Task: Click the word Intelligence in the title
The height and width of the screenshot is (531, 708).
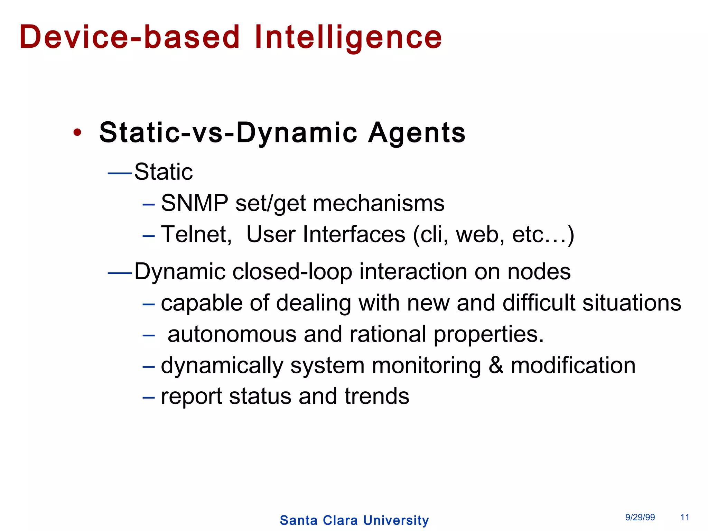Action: pos(348,37)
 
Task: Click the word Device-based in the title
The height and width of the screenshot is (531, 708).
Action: pos(130,37)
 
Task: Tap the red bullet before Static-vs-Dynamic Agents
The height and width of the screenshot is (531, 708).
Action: pos(77,132)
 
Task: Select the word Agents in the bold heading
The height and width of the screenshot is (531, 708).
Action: pos(417,132)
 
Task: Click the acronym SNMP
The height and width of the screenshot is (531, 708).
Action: pos(194,203)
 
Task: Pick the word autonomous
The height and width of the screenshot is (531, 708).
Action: pos(232,334)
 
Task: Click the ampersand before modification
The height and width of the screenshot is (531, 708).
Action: pos(496,365)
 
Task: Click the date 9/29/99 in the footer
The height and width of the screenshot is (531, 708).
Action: pos(640,517)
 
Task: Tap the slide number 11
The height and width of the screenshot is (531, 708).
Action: pos(684,517)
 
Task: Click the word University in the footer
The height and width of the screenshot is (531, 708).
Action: pos(396,520)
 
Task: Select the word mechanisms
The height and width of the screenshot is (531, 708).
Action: pos(379,203)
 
